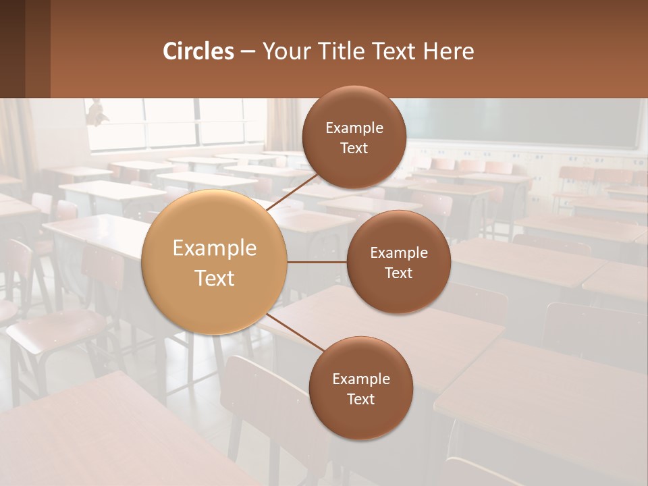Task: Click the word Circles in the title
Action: coord(198,51)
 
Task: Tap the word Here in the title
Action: coord(448,51)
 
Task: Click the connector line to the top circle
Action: coord(294,192)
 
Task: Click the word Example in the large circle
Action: coord(215,248)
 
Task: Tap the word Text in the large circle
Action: coord(215,278)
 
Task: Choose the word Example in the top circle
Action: coord(354,128)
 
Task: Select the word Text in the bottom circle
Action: coord(360,399)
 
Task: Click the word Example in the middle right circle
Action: coord(399,253)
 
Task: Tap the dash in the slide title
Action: coord(248,52)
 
